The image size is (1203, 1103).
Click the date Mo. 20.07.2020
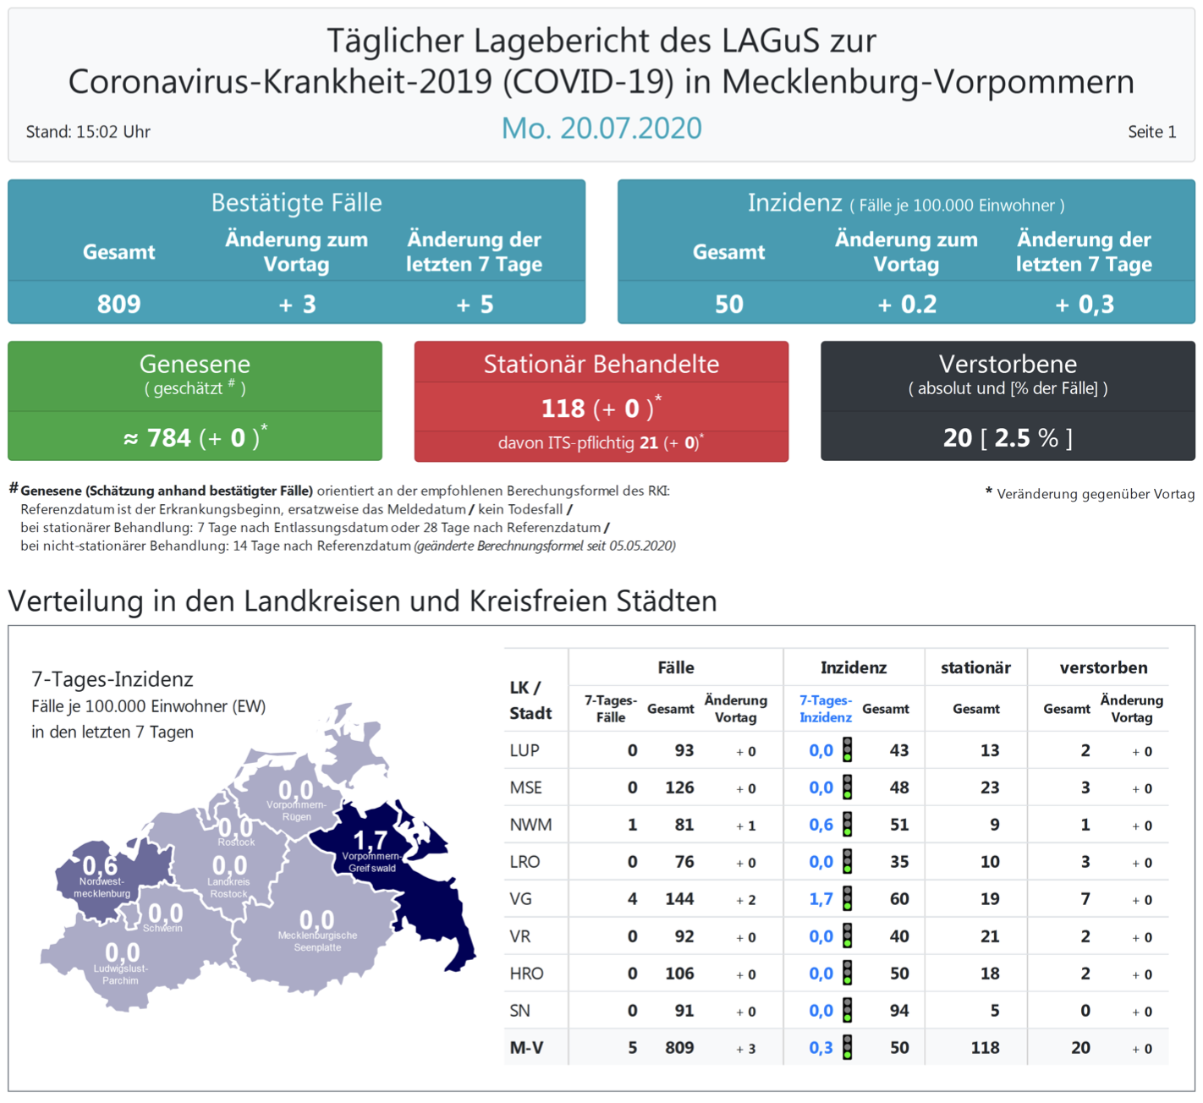point(601,129)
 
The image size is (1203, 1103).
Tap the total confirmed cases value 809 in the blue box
point(118,305)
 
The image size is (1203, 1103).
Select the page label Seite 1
point(1151,132)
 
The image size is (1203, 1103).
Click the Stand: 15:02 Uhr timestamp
point(88,132)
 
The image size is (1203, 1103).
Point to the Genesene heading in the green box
point(195,365)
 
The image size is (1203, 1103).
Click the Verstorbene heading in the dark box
point(1008,365)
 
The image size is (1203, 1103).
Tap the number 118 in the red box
point(563,409)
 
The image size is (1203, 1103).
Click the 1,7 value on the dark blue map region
point(370,840)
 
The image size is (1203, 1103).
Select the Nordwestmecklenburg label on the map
point(102,887)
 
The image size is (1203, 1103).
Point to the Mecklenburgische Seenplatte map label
point(317,941)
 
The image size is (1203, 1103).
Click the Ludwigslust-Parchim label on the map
point(120,974)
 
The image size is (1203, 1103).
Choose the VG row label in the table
point(521,899)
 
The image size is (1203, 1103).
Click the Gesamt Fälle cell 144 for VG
point(679,899)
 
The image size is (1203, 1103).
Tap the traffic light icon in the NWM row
point(847,825)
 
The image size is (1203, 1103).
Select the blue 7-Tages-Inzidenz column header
point(826,709)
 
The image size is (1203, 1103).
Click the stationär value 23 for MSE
point(989,787)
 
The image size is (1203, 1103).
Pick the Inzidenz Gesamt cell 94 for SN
point(898,1011)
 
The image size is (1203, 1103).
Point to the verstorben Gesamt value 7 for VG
point(1085,899)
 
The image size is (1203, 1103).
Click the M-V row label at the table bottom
point(526,1048)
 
